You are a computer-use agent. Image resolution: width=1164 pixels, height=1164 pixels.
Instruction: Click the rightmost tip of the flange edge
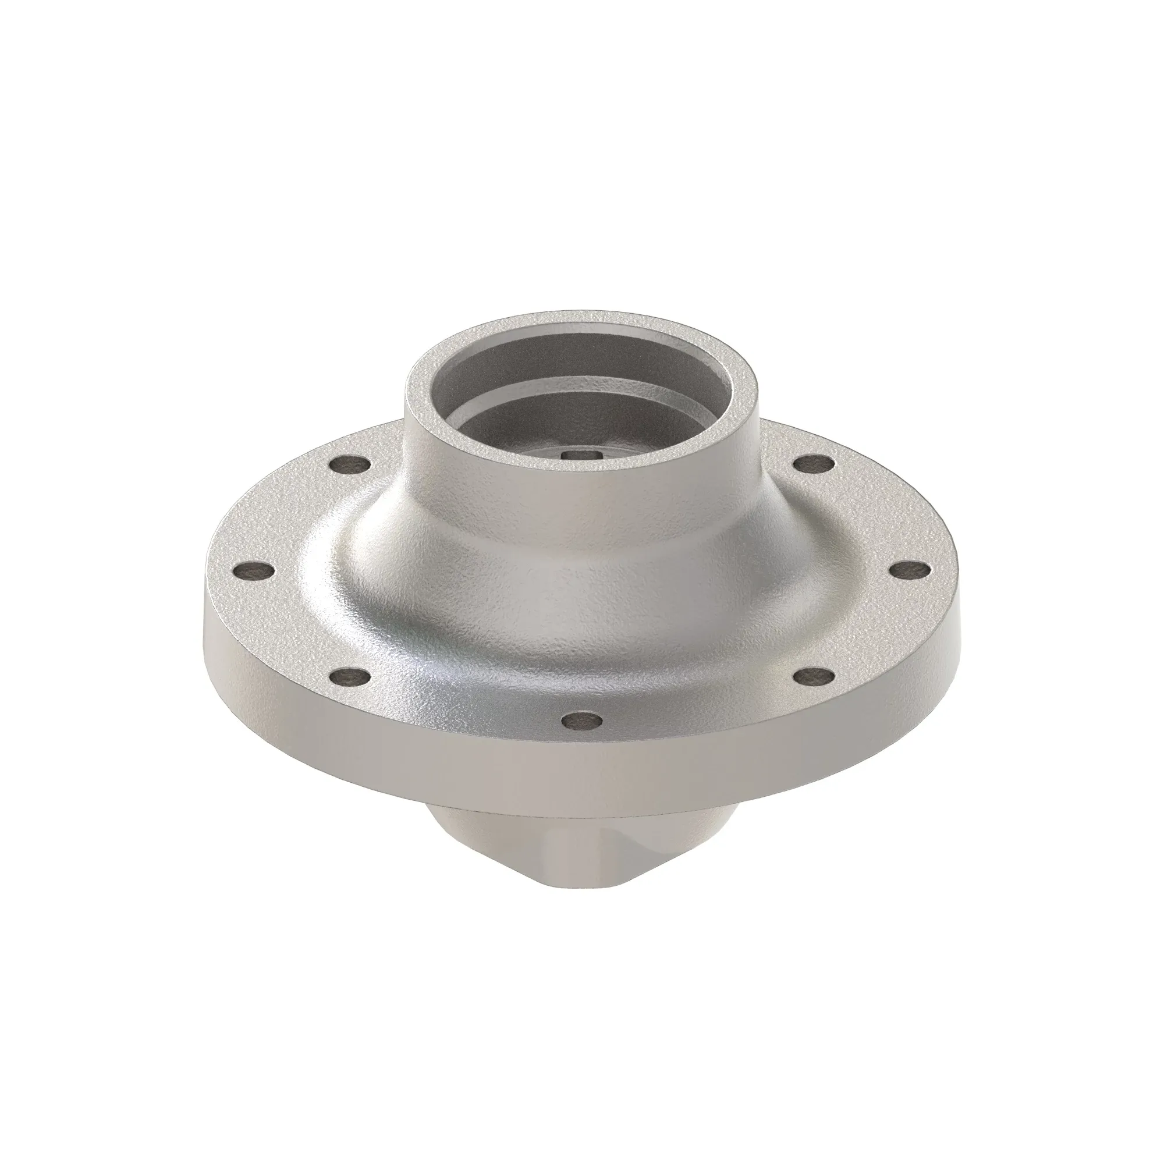(x=957, y=602)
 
